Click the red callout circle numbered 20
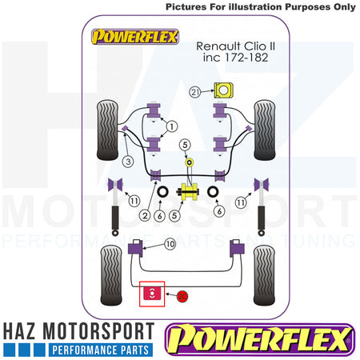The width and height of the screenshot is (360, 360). (182, 296)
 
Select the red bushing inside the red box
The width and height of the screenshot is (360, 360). (152, 293)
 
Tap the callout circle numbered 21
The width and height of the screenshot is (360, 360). (195, 92)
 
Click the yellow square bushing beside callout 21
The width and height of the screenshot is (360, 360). (224, 90)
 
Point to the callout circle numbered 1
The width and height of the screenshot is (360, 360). (172, 126)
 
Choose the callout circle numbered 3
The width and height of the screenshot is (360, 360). (128, 162)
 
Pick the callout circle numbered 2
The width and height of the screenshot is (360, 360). (145, 215)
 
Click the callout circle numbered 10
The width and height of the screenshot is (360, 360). (170, 244)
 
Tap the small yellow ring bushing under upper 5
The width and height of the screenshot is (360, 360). (190, 162)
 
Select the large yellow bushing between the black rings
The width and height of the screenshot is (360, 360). (190, 192)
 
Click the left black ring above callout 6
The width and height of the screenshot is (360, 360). (162, 192)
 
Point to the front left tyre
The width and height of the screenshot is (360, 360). (107, 130)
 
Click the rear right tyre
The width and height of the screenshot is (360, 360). (264, 275)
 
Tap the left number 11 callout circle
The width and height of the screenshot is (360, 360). (134, 201)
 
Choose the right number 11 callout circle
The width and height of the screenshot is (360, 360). (241, 202)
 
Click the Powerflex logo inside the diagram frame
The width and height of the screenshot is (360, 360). (135, 37)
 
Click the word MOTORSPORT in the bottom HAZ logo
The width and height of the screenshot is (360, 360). (98, 331)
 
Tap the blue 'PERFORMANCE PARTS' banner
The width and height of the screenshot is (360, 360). (101, 350)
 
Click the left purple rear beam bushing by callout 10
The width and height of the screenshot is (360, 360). (135, 248)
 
